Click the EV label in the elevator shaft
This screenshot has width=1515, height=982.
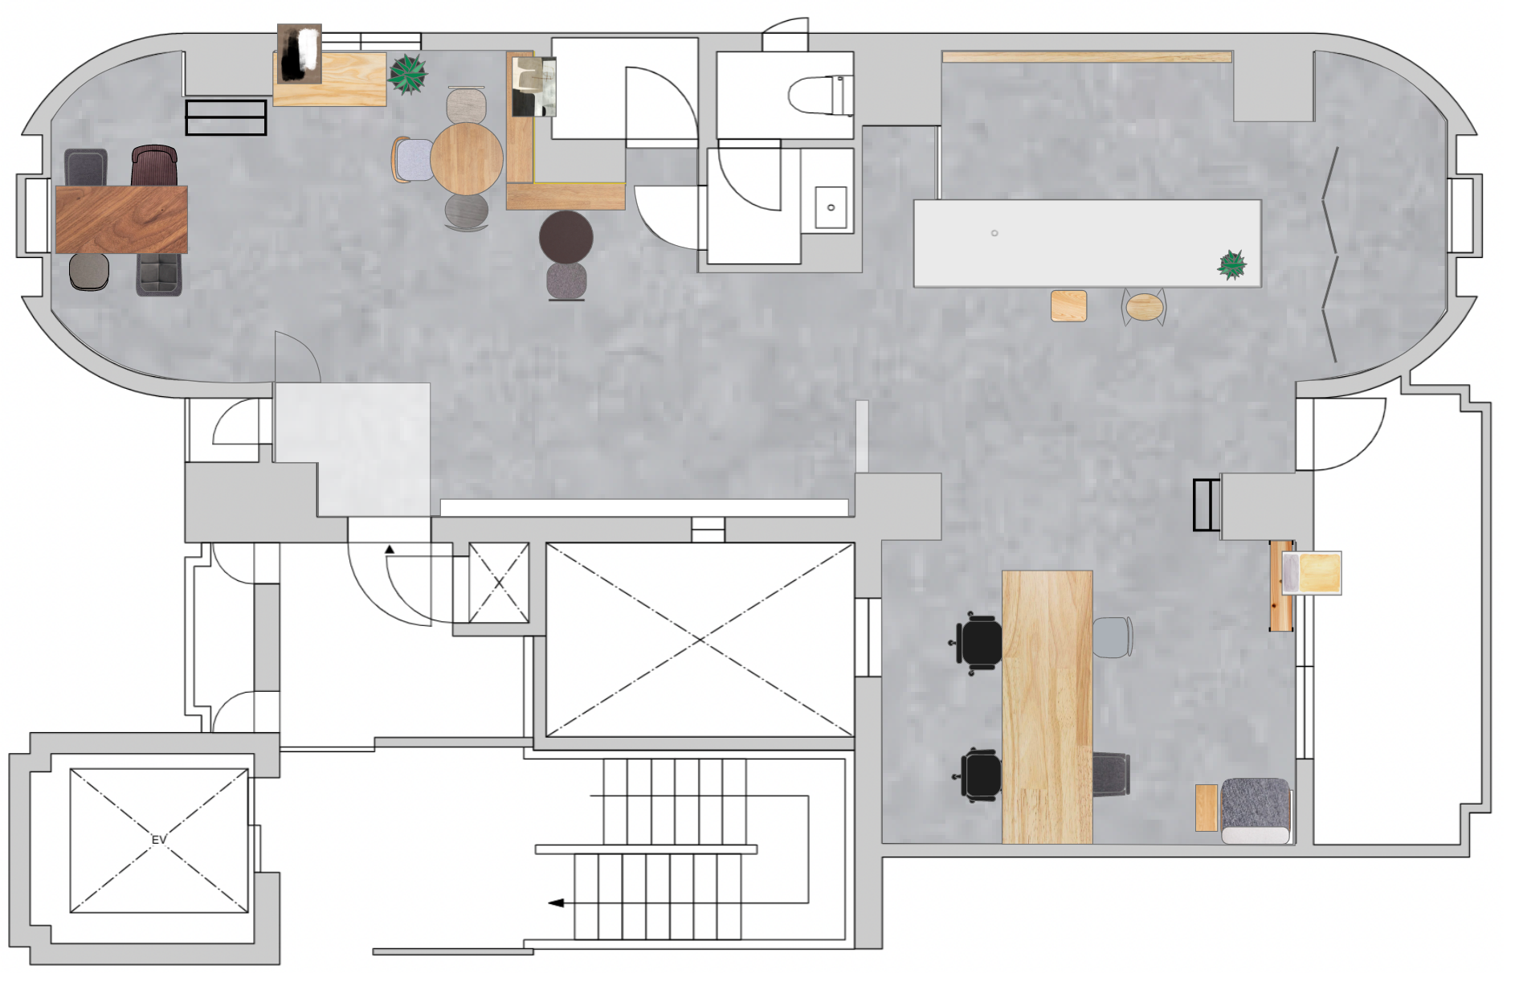click(159, 840)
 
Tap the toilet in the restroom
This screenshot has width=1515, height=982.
click(820, 96)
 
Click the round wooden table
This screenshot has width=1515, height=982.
click(467, 158)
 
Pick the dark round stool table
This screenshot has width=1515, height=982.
click(566, 237)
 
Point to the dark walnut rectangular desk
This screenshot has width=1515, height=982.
click(121, 219)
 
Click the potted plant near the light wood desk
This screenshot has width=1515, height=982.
click(408, 75)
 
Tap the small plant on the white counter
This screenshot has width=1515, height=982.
click(1232, 264)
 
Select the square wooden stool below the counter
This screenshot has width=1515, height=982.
click(1069, 306)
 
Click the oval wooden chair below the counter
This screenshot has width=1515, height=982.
click(1145, 306)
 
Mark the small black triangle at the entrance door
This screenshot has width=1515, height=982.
click(390, 550)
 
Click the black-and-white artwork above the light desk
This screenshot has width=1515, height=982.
click(300, 53)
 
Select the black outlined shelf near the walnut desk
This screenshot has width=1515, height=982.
click(226, 117)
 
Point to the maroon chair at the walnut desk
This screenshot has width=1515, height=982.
click(154, 166)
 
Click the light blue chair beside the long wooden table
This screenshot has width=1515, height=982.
click(1113, 637)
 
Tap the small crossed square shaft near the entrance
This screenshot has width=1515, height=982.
click(499, 583)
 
